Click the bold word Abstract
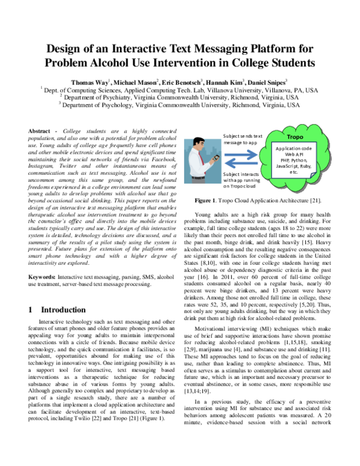point(41,131)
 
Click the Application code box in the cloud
point(295,159)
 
